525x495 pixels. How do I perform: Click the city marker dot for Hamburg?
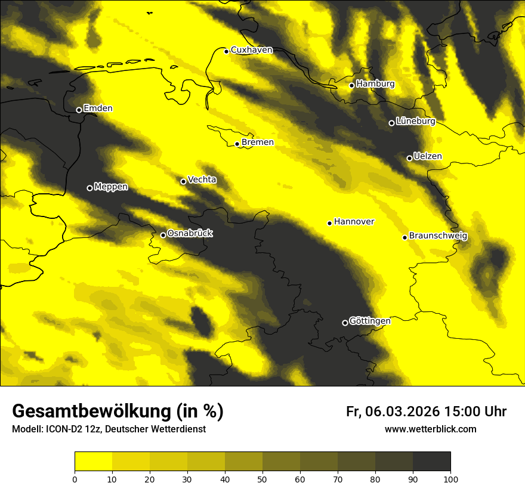click(352, 85)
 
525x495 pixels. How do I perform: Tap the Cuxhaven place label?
click(251, 50)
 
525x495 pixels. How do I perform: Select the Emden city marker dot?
click(79, 110)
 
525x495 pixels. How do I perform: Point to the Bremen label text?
click(258, 143)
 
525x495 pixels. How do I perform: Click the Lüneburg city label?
click(415, 121)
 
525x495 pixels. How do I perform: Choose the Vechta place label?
click(202, 180)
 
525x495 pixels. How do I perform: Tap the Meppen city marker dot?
click(89, 188)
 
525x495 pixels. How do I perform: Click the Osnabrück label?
click(190, 233)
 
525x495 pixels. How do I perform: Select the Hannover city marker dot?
click(329, 223)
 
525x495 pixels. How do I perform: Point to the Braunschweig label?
click(438, 236)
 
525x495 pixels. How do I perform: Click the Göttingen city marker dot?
click(345, 323)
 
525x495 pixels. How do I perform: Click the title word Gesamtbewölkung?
click(92, 412)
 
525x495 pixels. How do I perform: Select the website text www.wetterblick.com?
click(431, 429)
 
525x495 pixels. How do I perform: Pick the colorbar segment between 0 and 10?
click(93, 462)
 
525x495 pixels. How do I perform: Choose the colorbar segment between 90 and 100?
click(431, 462)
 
